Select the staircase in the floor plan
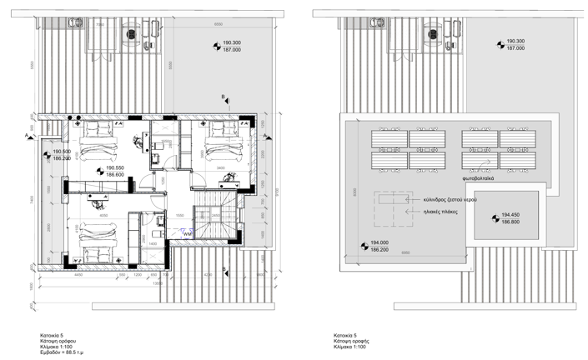click(x=215, y=223)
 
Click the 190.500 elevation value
click(x=62, y=151)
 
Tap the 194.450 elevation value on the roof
click(x=510, y=215)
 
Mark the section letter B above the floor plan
click(x=222, y=98)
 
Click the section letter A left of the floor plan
click(x=28, y=135)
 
